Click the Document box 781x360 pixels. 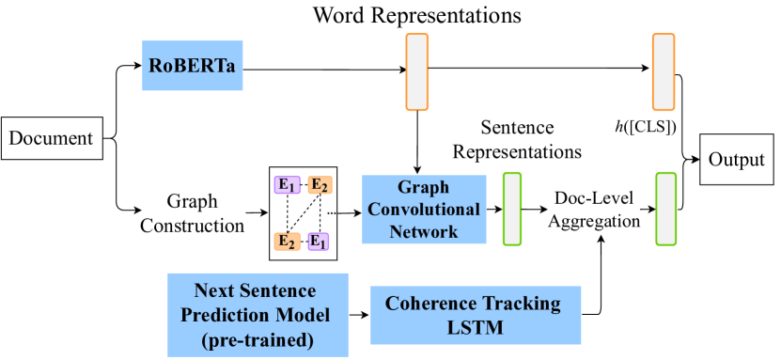click(51, 138)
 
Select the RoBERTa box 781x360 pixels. click(193, 66)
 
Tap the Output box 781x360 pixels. click(737, 159)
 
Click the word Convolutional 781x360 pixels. click(424, 209)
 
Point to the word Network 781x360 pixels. click(424, 230)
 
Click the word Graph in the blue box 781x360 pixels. click(424, 187)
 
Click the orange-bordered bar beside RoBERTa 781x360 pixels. click(416, 72)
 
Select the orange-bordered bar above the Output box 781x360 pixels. click(664, 72)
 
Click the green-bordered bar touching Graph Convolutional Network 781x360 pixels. click(512, 209)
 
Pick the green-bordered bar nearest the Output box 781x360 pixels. click(665, 209)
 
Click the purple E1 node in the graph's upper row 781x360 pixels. click(286, 184)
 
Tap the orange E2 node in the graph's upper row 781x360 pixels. click(320, 184)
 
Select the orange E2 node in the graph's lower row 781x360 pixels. click(286, 241)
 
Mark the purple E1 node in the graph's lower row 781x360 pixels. click(320, 241)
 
